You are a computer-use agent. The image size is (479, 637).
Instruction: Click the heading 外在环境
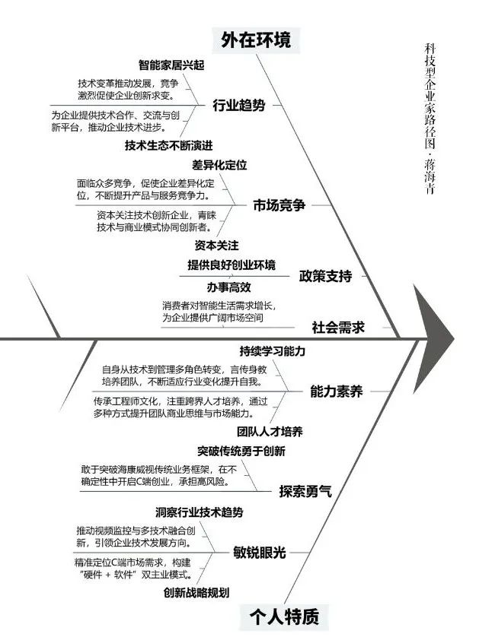256,40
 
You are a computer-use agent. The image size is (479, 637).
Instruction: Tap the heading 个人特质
283,616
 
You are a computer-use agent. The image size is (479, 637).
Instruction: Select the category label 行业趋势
239,105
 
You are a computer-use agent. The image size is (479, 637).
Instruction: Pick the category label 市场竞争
279,205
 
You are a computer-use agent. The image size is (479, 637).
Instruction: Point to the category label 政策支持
325,276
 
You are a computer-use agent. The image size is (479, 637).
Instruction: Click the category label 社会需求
338,327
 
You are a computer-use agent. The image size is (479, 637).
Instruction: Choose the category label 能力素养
336,391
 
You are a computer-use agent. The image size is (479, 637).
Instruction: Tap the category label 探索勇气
305,491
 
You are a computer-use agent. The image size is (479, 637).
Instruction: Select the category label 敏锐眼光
259,553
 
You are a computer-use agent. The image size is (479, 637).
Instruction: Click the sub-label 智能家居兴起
171,65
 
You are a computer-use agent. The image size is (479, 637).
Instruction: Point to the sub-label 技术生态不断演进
168,145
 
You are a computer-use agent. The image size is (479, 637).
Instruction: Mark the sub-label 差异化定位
219,165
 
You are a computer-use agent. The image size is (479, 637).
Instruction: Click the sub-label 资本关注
216,246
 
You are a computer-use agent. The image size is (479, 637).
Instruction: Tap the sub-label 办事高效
228,287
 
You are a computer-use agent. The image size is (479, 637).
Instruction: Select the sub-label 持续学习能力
273,351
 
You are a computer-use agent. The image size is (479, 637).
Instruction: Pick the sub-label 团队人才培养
270,432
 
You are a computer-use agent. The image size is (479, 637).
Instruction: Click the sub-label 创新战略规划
196,593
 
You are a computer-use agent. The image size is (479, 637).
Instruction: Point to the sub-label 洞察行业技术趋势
199,512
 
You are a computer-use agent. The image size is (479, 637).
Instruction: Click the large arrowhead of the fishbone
433,338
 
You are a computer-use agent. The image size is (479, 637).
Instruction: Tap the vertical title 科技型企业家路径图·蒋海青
430,119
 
